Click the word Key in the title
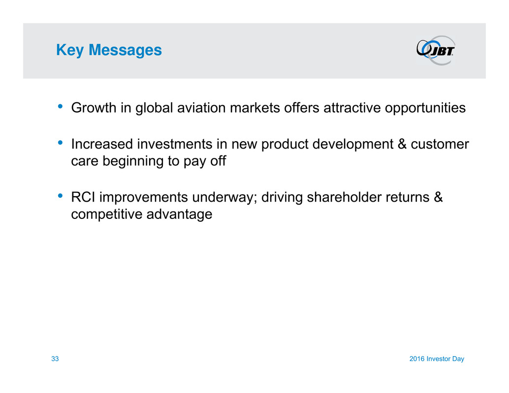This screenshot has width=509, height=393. point(70,50)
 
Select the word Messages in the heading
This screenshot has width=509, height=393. point(125,50)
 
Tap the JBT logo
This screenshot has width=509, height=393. point(436,50)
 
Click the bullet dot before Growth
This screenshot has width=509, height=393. point(60,106)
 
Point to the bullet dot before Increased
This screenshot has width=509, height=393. point(60,142)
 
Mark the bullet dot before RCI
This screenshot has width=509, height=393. point(60,196)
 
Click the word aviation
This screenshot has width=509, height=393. point(201,108)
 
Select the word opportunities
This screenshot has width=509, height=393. point(425,108)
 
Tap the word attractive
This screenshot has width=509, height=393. point(352,108)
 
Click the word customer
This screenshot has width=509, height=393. point(440,144)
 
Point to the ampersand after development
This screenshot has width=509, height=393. point(402,144)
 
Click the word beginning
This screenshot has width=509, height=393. point(133,161)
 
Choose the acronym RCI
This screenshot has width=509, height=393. point(83,197)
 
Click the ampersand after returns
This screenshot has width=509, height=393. point(438,197)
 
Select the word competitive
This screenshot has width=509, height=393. point(106,214)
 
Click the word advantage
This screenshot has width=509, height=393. point(179,214)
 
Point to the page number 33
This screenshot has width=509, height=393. point(55,359)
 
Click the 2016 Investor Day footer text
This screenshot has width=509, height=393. point(437,359)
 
